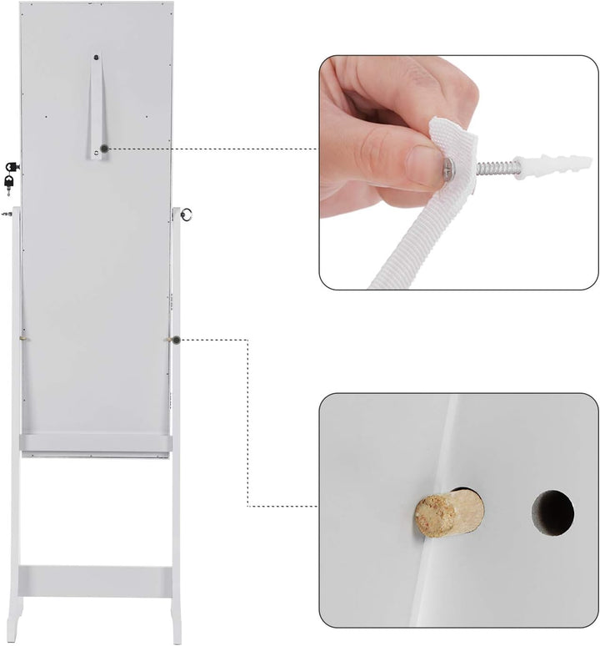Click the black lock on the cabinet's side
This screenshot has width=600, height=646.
(x=12, y=167)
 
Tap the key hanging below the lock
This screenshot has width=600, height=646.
(x=9, y=181)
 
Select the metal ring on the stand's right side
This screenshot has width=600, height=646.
(x=187, y=214)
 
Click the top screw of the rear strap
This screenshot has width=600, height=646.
(x=97, y=58)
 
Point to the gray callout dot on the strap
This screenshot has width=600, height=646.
(x=104, y=149)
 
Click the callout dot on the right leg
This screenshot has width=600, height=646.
(x=177, y=340)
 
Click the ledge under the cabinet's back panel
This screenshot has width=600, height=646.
(x=96, y=443)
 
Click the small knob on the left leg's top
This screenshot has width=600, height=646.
(x=7, y=214)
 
